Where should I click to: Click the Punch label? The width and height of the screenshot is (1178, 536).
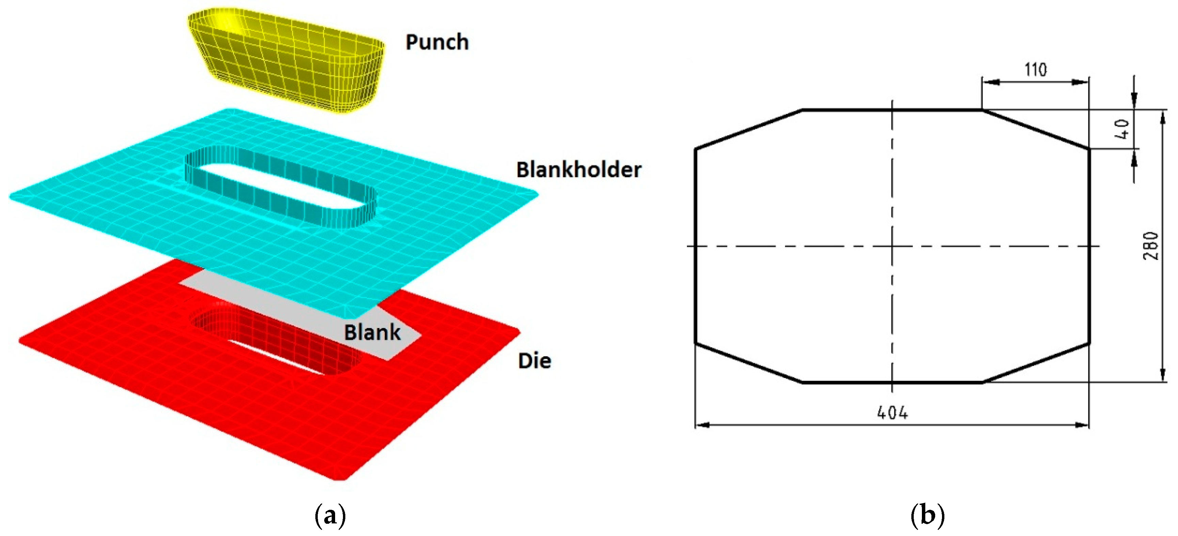point(437,42)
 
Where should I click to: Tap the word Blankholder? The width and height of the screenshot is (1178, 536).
point(579,170)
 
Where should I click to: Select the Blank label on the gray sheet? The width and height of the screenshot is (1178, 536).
point(372,332)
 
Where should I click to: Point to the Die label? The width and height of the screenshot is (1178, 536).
point(534,361)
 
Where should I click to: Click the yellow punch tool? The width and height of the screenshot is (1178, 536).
point(286,60)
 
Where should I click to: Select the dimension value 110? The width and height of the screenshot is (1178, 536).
point(1035,70)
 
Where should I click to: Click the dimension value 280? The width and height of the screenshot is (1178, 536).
point(1150,246)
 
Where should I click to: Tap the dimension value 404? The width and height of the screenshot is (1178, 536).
point(892,413)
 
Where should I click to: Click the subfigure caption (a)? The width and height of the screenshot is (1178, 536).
point(330,516)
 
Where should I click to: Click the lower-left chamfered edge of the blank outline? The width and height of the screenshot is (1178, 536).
point(749,363)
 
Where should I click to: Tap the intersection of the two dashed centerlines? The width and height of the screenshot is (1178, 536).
point(892,247)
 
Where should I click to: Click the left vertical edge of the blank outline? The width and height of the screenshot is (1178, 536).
point(695,246)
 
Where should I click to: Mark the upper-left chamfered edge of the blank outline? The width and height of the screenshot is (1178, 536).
point(749,129)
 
